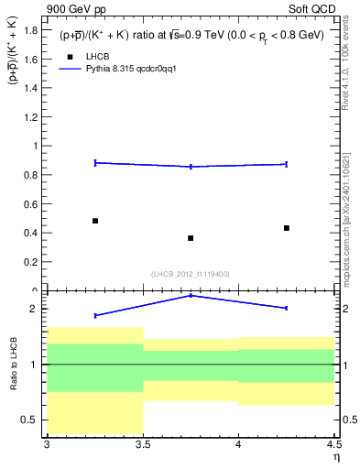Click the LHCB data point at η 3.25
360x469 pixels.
pyautogui.click(x=95, y=221)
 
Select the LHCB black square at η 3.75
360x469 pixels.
pyautogui.click(x=191, y=238)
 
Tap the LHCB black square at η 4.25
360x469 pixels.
pyautogui.click(x=287, y=228)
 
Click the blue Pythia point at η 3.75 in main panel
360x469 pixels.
pyautogui.click(x=191, y=166)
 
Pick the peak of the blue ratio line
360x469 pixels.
pyautogui.click(x=191, y=295)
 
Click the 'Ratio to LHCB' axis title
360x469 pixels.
pyautogui.click(x=12, y=364)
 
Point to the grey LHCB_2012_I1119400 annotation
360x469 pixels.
pyautogui.click(x=191, y=274)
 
